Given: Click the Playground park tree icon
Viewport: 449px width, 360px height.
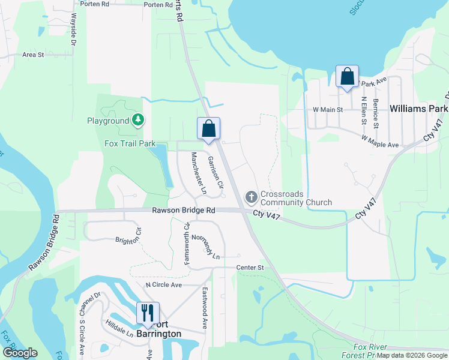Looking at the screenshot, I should [x=139, y=121].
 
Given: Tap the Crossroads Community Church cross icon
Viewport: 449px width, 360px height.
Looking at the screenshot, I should [x=252, y=197].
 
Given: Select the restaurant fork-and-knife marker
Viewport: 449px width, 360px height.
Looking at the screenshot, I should [x=148, y=313].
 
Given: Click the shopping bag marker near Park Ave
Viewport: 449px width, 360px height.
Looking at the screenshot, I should [x=347, y=76].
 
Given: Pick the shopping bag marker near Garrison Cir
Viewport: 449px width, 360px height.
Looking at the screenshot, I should [x=208, y=128].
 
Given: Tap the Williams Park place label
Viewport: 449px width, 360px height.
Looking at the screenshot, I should [x=418, y=109].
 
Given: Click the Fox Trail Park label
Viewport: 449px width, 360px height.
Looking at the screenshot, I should [x=130, y=144].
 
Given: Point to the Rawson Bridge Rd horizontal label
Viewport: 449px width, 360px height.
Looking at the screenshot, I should [x=183, y=211].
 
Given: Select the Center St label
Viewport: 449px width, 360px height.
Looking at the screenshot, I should [x=250, y=267].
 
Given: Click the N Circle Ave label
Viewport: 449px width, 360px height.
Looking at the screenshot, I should [x=163, y=284].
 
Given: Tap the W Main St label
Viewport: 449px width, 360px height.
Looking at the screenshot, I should [x=328, y=110].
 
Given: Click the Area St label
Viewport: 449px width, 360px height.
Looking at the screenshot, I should [x=34, y=55].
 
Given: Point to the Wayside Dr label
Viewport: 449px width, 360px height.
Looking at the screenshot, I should [x=73, y=29].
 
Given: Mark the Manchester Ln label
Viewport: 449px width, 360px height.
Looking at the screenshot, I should [x=198, y=173].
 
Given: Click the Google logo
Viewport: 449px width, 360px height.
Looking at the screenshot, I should [x=20, y=352].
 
